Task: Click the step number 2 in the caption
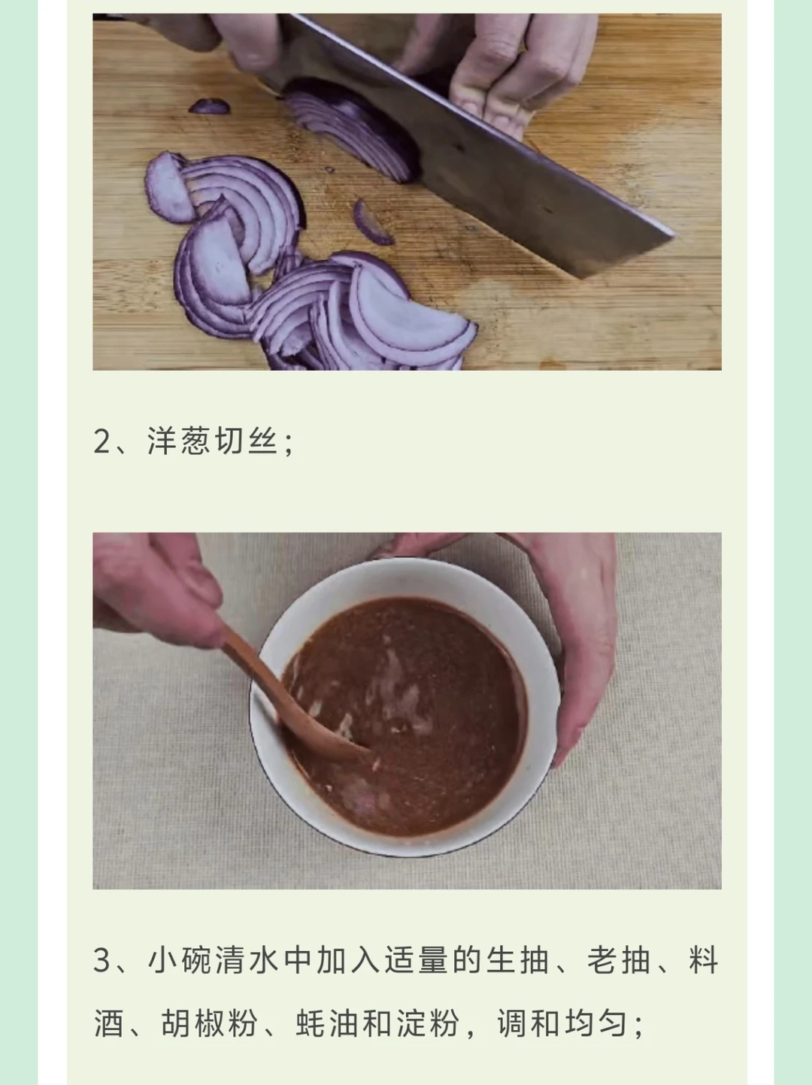coord(101,441)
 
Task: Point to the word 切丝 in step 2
coord(247,441)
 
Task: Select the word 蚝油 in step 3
coord(326,1023)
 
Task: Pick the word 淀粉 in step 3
coord(428,1023)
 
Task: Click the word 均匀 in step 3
coord(596,1023)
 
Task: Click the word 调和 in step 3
coord(529,1023)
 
